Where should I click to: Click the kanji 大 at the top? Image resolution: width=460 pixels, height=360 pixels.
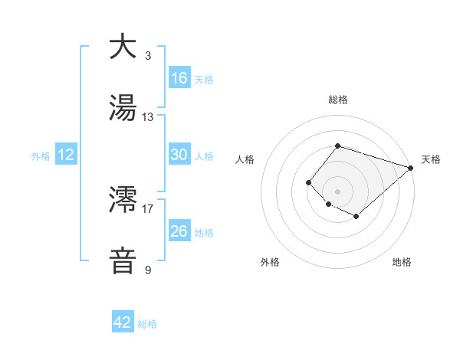(123, 47)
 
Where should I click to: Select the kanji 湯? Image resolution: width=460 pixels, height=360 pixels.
(123, 108)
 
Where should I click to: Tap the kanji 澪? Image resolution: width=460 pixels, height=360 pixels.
(123, 201)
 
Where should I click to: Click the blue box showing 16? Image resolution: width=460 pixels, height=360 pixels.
(179, 78)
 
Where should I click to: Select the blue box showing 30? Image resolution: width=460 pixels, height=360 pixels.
(179, 155)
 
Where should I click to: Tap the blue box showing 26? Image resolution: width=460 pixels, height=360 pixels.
(179, 231)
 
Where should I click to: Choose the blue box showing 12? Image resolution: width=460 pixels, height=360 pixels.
(66, 155)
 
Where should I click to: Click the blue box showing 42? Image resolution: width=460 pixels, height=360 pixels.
(123, 322)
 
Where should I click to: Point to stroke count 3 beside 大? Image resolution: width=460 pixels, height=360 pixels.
(148, 56)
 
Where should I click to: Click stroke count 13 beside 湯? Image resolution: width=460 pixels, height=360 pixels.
(148, 117)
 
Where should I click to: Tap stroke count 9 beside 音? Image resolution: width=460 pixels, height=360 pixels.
(148, 270)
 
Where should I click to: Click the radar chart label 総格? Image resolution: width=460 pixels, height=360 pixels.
(338, 100)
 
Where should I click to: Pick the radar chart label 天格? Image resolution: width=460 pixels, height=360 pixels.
(431, 159)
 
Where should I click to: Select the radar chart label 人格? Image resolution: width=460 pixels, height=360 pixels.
(245, 159)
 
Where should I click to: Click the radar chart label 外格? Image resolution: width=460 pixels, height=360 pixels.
(270, 262)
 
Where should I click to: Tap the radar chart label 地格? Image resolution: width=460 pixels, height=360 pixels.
(402, 262)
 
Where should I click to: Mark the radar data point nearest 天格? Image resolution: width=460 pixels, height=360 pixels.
(411, 168)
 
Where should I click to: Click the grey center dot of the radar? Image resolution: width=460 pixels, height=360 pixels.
(338, 191)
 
